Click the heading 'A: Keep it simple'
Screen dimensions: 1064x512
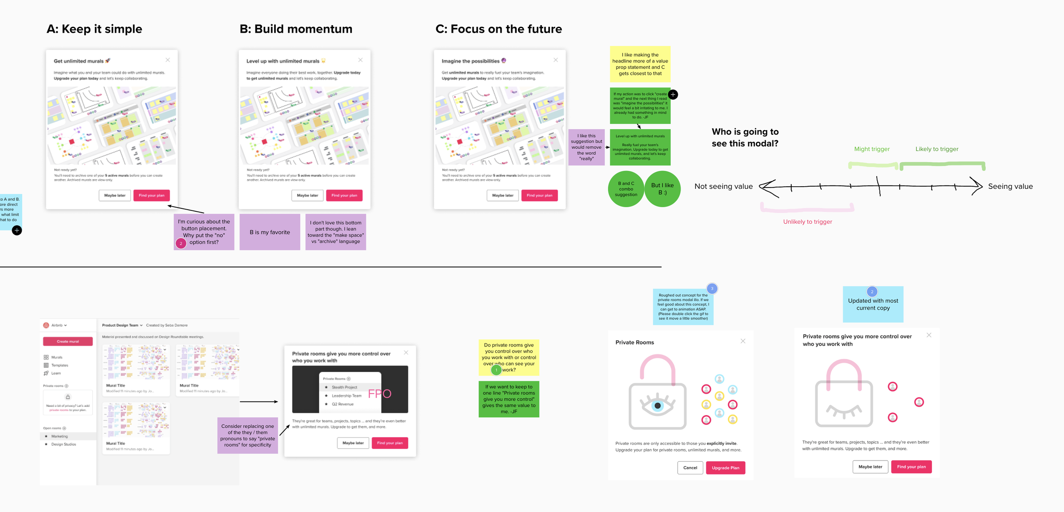point(94,29)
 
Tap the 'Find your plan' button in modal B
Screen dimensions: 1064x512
point(344,195)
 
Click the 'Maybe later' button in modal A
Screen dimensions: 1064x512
point(114,195)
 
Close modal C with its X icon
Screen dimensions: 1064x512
point(555,60)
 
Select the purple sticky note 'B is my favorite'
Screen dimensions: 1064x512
point(269,232)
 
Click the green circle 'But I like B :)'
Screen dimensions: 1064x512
point(662,189)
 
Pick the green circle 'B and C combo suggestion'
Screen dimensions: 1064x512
point(626,189)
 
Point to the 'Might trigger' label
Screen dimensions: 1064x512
point(872,149)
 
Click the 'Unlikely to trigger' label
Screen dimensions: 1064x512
point(807,222)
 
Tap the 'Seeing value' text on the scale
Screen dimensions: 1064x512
point(1010,186)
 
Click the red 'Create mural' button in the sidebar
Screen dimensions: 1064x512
point(68,341)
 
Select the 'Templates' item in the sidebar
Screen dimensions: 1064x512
point(60,365)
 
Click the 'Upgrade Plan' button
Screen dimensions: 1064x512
point(725,468)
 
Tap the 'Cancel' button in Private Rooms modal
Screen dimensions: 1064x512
point(690,468)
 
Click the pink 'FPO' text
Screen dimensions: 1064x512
point(379,394)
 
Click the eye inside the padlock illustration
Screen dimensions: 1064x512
point(658,405)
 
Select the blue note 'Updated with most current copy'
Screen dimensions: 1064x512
point(873,305)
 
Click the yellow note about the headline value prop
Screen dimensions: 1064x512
point(640,64)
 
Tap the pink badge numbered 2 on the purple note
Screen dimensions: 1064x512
point(181,243)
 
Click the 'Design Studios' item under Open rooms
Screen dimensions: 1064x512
point(63,444)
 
